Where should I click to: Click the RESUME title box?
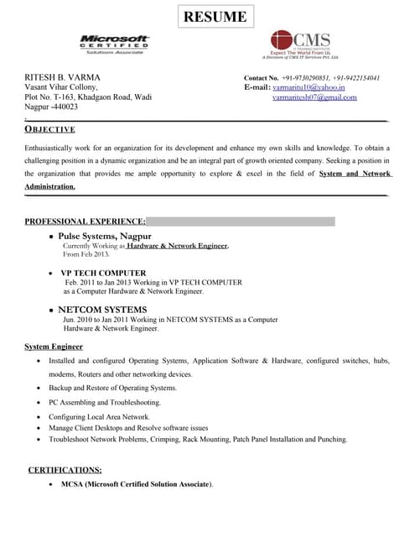point(215,17)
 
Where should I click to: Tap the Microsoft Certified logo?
point(114,43)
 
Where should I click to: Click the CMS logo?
point(301,45)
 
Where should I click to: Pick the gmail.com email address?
point(314,97)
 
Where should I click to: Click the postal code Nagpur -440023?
point(52,107)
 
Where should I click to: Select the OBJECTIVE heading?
point(50,129)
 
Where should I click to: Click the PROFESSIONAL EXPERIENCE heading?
point(85,222)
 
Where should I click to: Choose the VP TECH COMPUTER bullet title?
point(103,274)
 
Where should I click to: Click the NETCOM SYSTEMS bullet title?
point(102,310)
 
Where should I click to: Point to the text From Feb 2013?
point(86,254)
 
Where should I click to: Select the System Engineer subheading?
point(54,347)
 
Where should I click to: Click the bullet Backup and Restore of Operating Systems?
point(112,388)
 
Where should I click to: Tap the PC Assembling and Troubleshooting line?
point(104,403)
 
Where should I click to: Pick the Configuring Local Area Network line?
point(99,417)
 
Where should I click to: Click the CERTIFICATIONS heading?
point(65,470)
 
